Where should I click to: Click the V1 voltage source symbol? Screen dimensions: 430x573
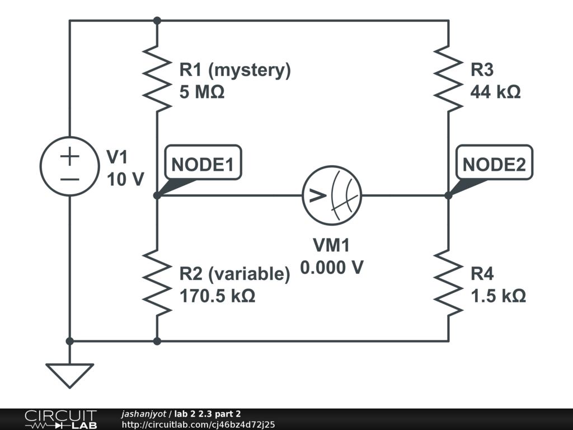click(69, 166)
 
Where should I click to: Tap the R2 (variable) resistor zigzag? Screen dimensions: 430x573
click(157, 283)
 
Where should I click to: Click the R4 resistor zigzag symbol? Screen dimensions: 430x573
click(448, 283)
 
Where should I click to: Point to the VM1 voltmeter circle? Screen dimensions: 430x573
click(332, 195)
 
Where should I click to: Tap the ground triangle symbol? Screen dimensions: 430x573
click(69, 375)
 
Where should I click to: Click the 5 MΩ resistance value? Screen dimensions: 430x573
click(201, 92)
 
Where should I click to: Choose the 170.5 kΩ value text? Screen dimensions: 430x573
click(217, 296)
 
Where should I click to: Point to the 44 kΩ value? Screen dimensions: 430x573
click(495, 92)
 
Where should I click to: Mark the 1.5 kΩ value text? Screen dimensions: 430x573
click(497, 296)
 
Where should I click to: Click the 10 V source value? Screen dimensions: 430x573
click(125, 179)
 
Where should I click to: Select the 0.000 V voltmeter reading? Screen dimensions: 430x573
click(332, 268)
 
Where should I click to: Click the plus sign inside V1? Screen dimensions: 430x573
click(69, 156)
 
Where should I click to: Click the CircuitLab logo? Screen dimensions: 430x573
click(60, 419)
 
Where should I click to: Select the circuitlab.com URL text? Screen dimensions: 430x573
click(198, 425)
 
